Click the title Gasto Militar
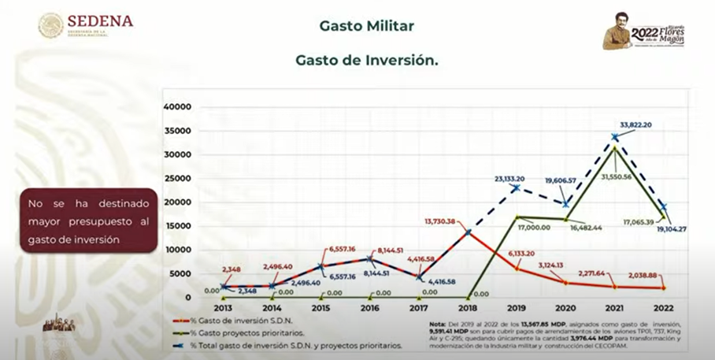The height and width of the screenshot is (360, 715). click(x=366, y=25)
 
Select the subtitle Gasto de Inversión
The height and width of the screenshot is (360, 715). click(x=366, y=59)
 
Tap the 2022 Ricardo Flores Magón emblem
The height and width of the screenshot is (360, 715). click(x=643, y=31)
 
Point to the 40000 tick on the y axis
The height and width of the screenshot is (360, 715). click(x=177, y=106)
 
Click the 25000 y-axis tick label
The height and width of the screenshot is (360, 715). click(x=177, y=178)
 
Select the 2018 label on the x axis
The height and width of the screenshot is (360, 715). click(x=469, y=309)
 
